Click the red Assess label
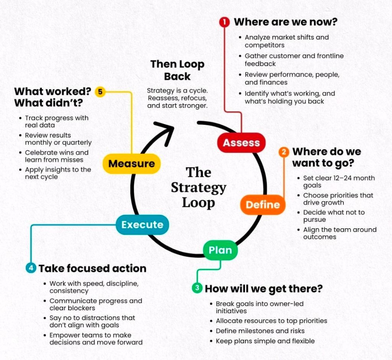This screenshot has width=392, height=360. [241, 143]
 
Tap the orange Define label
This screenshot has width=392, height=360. [263, 205]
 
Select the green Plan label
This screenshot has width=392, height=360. [220, 250]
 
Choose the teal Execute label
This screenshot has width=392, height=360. [142, 225]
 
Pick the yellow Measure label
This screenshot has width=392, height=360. [131, 164]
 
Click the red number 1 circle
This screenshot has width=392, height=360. [224, 22]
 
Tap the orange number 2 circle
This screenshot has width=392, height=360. [284, 152]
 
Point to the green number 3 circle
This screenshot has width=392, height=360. [197, 288]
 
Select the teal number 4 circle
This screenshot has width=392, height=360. [31, 268]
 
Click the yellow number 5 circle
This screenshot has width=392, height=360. [100, 92]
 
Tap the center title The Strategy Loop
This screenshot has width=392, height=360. [198, 187]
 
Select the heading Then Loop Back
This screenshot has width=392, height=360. [177, 70]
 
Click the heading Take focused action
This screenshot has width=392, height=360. [92, 268]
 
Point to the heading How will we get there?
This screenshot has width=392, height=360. [264, 288]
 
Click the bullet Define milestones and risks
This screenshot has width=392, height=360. [260, 331]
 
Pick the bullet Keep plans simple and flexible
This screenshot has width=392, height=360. [265, 341]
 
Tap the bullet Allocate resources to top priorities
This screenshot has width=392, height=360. [271, 321]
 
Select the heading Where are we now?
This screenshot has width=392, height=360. [286, 22]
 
